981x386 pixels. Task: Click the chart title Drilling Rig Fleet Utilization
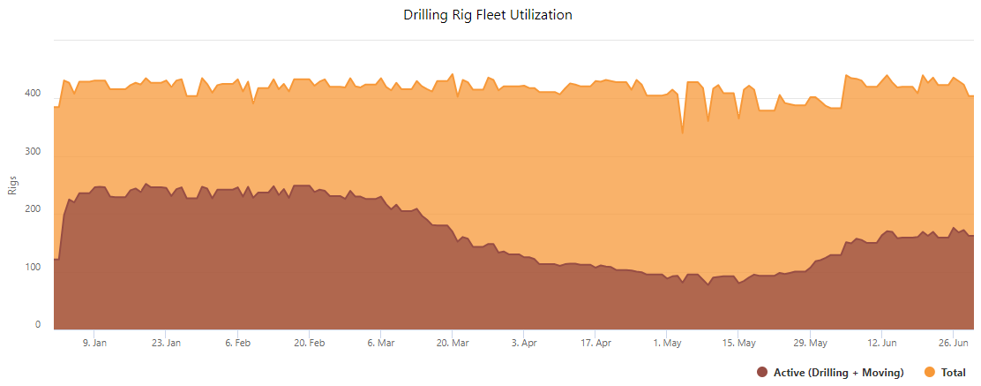click(x=488, y=15)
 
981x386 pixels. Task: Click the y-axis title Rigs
click(x=13, y=185)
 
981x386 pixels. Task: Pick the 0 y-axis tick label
click(x=38, y=325)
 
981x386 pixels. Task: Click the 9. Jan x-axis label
click(x=94, y=343)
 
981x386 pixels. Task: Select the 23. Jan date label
click(x=166, y=343)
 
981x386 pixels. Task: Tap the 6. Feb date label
click(x=238, y=343)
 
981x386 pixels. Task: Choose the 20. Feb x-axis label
click(x=310, y=343)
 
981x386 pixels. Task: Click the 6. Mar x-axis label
click(x=381, y=343)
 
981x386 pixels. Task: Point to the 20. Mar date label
click(x=453, y=343)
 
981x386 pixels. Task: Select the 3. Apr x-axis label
click(x=524, y=343)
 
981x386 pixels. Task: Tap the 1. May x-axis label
click(x=668, y=343)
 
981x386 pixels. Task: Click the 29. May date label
click(x=811, y=343)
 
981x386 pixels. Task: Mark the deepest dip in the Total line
click(x=682, y=133)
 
